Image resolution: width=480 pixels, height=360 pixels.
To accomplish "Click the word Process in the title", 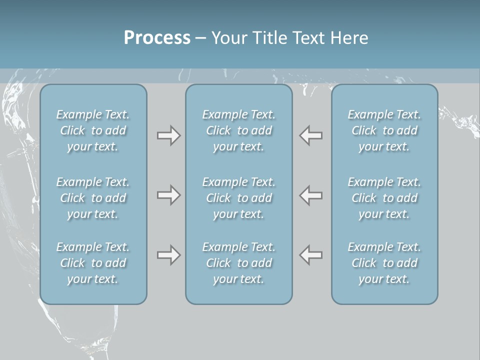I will [157, 38].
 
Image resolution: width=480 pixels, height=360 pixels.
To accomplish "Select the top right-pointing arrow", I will [169, 135].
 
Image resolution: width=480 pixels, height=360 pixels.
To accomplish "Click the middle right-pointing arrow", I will [169, 195].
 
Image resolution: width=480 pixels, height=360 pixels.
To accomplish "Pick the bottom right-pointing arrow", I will [169, 255].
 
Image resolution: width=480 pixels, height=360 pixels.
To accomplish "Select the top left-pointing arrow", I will [311, 135].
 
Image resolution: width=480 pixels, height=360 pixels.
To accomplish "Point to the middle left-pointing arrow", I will [311, 195].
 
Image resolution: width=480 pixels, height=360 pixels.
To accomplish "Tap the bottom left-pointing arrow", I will [311, 255].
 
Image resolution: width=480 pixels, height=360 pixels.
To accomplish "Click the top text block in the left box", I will [93, 130].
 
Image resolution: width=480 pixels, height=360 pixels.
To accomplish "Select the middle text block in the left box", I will [93, 198].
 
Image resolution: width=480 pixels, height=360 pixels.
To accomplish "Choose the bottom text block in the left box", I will [93, 263].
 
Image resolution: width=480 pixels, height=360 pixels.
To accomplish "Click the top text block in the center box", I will [239, 130].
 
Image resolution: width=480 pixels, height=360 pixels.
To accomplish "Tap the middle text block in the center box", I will [239, 198].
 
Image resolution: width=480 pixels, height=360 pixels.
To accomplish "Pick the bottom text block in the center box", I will [239, 263].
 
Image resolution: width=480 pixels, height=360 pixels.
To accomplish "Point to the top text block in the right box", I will [384, 130].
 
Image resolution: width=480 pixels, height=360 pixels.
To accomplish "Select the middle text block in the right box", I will [384, 198].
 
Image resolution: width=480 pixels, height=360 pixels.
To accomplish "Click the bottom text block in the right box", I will [384, 263].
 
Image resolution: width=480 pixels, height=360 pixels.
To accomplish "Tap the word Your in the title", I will [228, 38].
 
